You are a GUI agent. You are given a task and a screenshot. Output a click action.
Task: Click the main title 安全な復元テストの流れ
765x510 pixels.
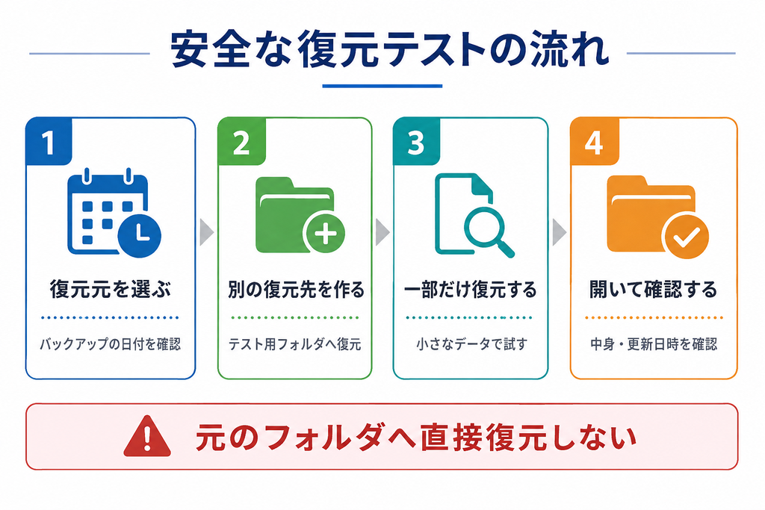pos(389,49)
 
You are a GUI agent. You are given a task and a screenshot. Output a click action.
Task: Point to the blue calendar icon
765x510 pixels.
pos(114,213)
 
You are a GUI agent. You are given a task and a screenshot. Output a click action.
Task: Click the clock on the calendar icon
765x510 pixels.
pos(140,235)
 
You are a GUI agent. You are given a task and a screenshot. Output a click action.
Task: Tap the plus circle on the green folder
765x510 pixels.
pos(324,232)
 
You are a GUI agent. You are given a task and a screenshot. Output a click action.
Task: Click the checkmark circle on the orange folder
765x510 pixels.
pos(686,237)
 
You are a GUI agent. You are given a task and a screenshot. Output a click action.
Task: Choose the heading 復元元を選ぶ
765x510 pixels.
pos(111,289)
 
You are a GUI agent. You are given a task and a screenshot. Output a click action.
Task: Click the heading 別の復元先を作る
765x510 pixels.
pos(296,290)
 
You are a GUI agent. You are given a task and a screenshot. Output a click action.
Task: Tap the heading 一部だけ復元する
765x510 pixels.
pos(471,290)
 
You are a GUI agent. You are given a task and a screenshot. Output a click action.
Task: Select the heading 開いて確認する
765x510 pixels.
pos(653,290)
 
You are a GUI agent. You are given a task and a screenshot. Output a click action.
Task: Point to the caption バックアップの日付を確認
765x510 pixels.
pos(111,344)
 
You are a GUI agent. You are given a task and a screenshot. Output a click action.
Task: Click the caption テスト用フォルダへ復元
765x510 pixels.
pos(294,344)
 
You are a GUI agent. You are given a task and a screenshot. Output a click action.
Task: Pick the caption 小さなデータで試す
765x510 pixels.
pos(472,344)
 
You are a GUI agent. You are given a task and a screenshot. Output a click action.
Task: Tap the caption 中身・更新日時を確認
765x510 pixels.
pos(654,344)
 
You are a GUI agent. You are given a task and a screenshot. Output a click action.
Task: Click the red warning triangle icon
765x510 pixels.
pos(147,436)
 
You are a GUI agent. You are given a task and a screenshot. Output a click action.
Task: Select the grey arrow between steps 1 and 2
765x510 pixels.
pos(206,232)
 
